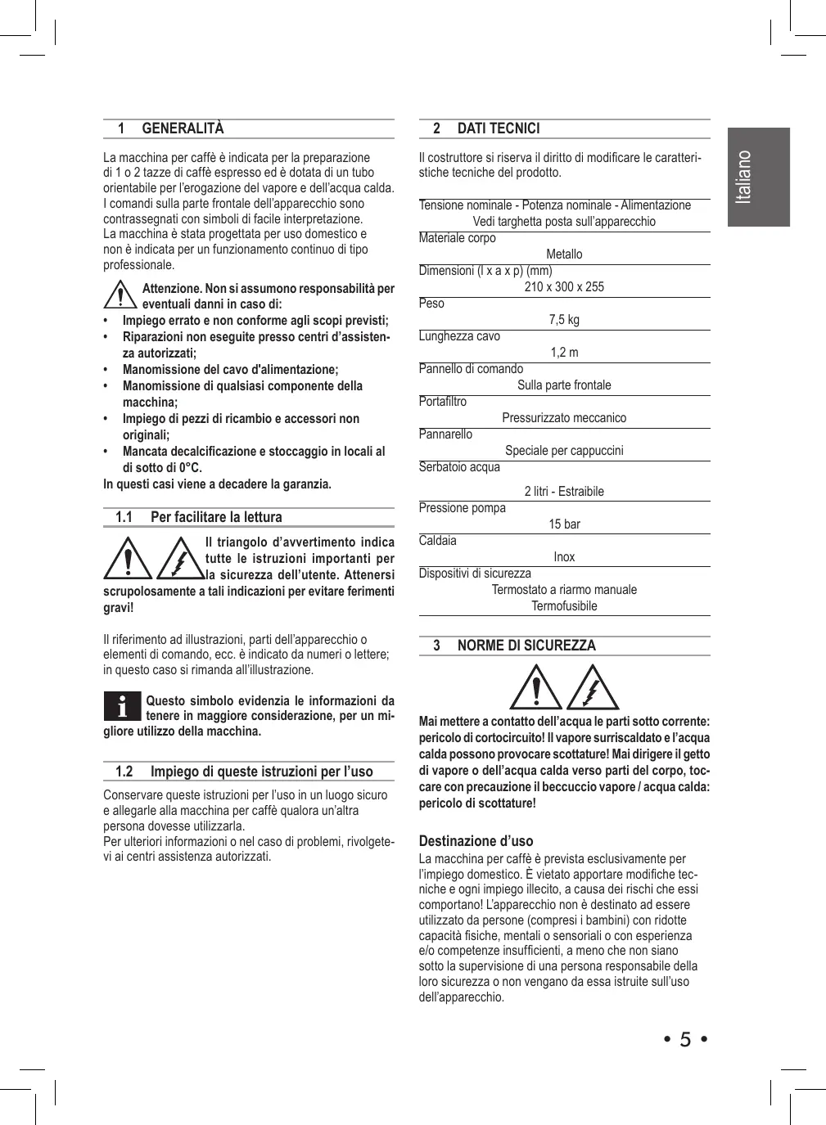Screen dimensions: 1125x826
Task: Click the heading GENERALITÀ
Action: coord(183,128)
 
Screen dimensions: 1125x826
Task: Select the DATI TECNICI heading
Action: coord(499,128)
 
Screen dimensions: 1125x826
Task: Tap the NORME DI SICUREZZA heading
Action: coord(526,646)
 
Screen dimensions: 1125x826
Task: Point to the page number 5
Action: coord(685,1040)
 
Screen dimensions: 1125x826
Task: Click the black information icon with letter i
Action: coord(123,706)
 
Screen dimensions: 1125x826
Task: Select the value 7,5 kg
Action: coord(564,320)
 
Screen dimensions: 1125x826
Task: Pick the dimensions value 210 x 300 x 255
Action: coord(564,287)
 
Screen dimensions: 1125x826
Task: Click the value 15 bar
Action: coord(564,524)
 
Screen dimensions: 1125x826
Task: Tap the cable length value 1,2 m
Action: coord(564,353)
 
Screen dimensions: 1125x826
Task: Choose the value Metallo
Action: coord(564,254)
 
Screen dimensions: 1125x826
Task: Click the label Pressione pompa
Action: coord(462,508)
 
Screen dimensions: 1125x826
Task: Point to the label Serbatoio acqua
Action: coord(459,467)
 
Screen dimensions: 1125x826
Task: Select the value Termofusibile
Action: coord(564,606)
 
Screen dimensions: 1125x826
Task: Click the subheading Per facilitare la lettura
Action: coord(216,517)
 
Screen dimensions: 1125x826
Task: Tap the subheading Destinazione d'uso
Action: coord(476,841)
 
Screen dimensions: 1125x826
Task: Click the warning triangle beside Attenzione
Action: coord(120,295)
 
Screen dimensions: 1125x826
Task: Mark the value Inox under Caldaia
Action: coord(564,557)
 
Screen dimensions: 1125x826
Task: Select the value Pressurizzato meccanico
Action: coord(564,418)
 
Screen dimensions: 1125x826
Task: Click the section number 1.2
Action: coord(124,772)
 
